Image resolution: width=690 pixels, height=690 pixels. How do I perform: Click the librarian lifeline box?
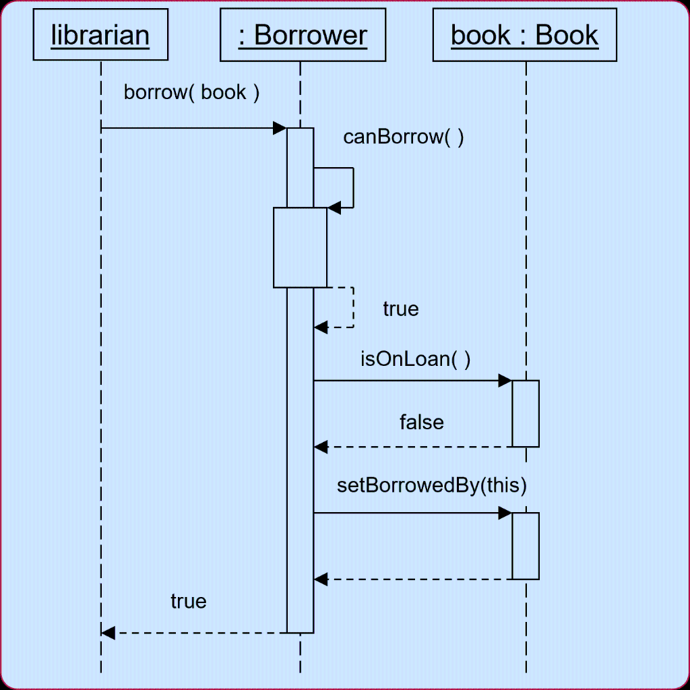point(100,35)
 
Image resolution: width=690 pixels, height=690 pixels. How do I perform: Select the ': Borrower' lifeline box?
point(303,35)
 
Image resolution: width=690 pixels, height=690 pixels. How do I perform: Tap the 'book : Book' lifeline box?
point(524,35)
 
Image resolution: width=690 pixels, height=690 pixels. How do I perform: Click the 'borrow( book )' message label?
point(191,93)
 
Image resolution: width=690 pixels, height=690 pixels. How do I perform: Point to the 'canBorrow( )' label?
point(403,137)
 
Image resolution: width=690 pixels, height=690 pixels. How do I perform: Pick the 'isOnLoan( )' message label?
point(415,358)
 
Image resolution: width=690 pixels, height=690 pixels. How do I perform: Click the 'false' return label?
point(422,422)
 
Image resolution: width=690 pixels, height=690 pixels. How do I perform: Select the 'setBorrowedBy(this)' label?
point(431,485)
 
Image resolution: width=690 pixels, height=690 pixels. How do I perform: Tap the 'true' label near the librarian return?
point(189,601)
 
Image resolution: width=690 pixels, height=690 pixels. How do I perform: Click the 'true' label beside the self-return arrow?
point(401,309)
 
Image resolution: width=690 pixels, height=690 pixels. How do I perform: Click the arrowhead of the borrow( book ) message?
point(280,128)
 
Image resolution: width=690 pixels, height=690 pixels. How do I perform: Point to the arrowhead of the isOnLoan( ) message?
point(505,381)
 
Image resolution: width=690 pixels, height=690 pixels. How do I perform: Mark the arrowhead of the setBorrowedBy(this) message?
point(505,513)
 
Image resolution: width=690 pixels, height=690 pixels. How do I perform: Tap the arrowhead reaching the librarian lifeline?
point(108,633)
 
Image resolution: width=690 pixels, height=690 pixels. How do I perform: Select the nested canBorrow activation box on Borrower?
point(300,247)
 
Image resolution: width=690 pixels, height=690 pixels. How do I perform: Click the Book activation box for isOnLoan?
point(526,413)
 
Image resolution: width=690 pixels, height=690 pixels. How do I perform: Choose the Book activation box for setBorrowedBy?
point(526,545)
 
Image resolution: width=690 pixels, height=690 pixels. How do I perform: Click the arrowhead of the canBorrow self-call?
point(334,208)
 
